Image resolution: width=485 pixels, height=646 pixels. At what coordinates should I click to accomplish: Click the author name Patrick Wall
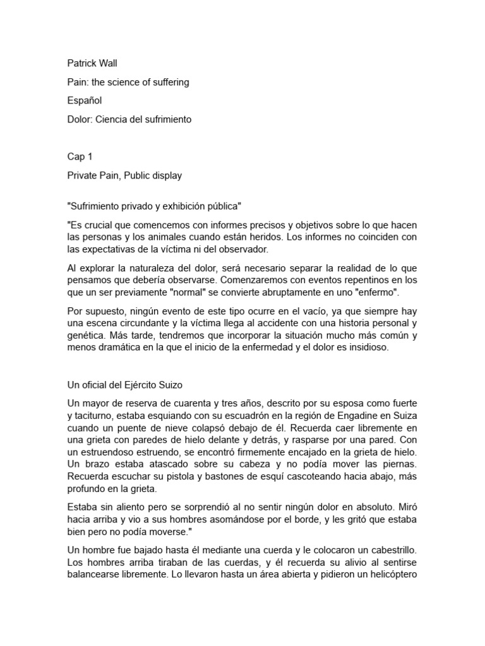click(92, 63)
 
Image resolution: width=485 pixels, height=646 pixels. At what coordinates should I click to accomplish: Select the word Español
click(85, 100)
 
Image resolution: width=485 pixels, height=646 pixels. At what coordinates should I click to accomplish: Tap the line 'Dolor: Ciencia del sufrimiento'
click(129, 119)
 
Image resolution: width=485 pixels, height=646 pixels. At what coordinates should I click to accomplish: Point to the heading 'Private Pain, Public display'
click(124, 175)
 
